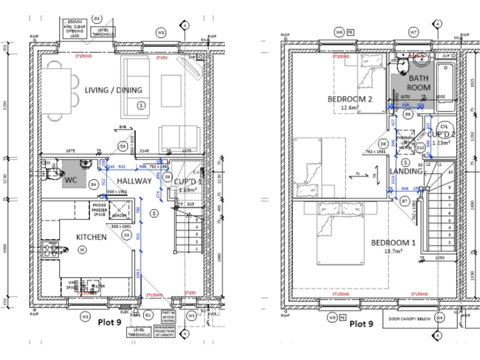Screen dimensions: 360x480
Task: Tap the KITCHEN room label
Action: pyautogui.click(x=91, y=237)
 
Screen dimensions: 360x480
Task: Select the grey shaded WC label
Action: pyautogui.click(x=70, y=180)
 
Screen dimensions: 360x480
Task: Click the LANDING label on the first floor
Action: pyautogui.click(x=406, y=171)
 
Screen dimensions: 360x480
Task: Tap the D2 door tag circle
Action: pyautogui.click(x=97, y=19)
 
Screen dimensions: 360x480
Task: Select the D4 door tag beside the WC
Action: pyautogui.click(x=93, y=184)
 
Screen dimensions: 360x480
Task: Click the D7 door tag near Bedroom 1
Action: pyautogui.click(x=404, y=201)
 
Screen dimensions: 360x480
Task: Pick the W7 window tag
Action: pyautogui.click(x=413, y=31)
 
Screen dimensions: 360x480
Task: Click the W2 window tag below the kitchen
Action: pyautogui.click(x=85, y=317)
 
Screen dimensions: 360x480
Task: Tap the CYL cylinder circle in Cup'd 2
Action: pyautogui.click(x=444, y=126)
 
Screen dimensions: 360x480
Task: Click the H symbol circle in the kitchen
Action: pyautogui.click(x=81, y=250)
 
